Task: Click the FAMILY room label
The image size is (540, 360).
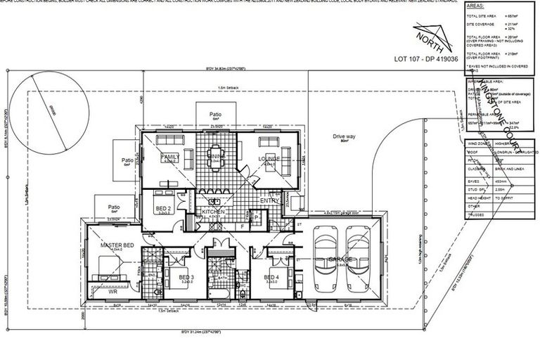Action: (169, 155)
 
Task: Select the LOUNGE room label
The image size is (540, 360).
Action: (269, 158)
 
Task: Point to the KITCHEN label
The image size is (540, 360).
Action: (213, 211)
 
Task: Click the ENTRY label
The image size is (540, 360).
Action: (269, 201)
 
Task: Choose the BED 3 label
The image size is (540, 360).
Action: (186, 278)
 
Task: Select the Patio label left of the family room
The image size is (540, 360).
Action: (127, 158)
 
